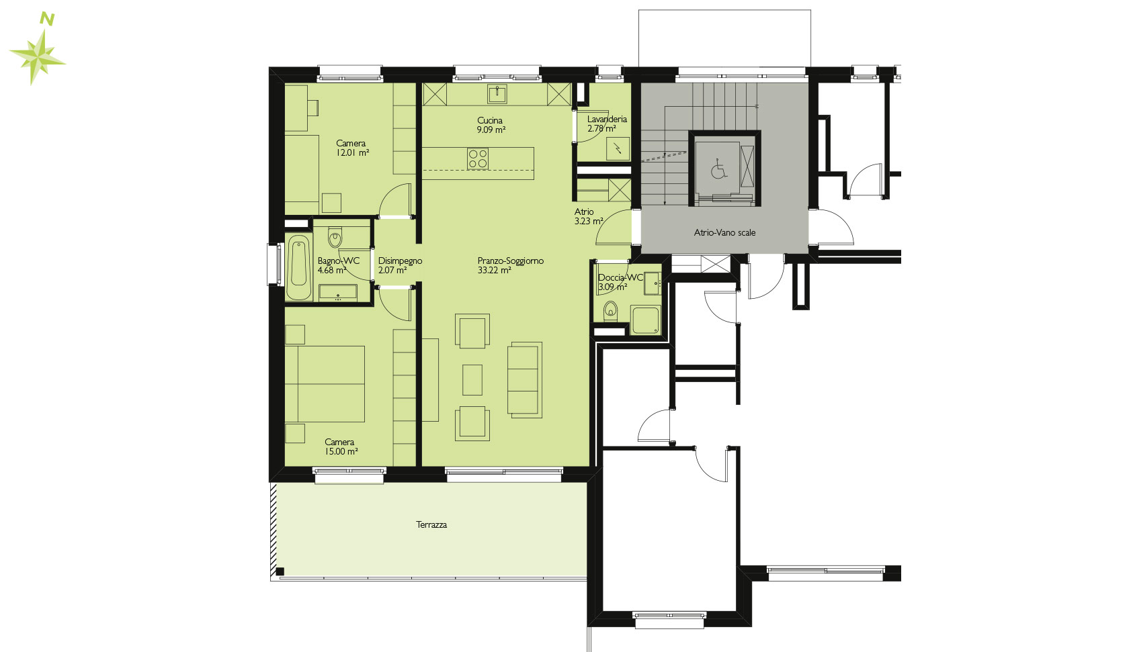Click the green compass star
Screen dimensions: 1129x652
[37, 56]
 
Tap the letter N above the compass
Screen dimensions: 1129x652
[47, 19]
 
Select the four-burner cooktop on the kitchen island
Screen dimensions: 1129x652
[477, 158]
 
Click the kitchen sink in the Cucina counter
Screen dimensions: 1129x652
[497, 93]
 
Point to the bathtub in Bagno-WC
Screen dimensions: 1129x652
[299, 267]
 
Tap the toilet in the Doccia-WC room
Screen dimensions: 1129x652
[610, 311]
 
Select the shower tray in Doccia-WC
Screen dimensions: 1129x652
[645, 320]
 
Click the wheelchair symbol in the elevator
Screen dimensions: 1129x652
[719, 168]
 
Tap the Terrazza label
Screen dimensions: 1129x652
[431, 524]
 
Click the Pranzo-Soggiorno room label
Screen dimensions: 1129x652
[511, 261]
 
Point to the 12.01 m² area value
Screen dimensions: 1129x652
[353, 152]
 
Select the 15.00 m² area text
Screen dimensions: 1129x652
[341, 452]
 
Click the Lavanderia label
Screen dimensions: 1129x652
[607, 120]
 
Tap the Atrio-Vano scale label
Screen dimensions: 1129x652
[724, 232]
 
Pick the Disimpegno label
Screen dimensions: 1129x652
[401, 261]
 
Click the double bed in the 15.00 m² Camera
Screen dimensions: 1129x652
[325, 383]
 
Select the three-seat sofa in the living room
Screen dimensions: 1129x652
[525, 379]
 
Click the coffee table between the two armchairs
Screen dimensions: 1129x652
[472, 379]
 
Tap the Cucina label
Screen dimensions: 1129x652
[490, 120]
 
